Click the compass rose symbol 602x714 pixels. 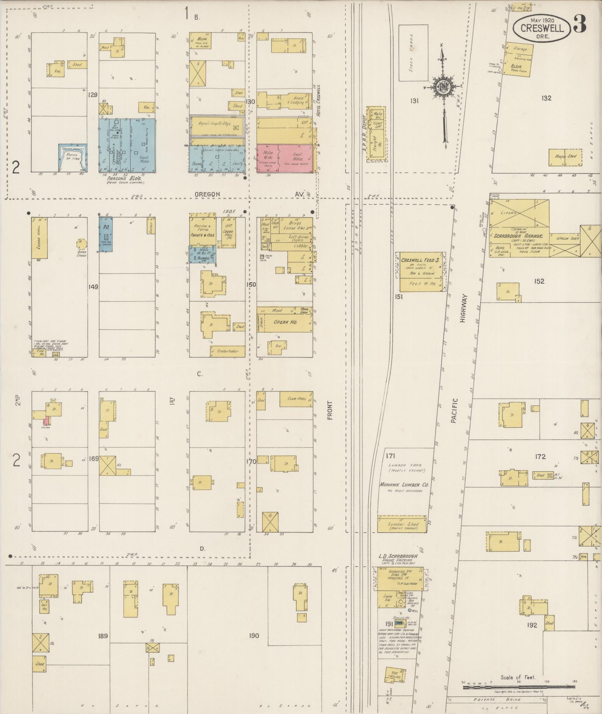coord(444,88)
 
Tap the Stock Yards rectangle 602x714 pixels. coord(413,53)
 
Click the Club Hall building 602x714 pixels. coord(296,399)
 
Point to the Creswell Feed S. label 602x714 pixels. coord(420,260)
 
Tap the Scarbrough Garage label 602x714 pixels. coord(517,236)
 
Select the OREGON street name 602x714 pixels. coord(207,194)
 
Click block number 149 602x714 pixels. coord(93,287)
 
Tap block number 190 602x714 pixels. coord(253,636)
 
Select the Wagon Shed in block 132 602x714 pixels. coord(565,157)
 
